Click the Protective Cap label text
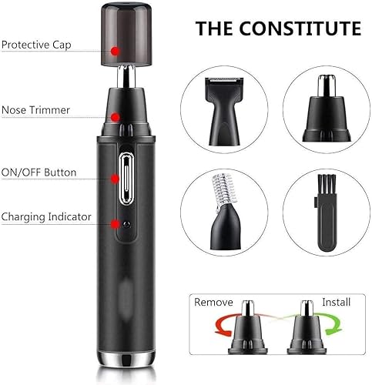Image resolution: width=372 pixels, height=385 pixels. [36, 45]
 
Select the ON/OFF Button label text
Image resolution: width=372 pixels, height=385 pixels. [39, 172]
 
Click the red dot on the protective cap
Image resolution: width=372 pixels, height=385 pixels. [115, 51]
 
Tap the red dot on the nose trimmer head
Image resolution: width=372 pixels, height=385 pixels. [116, 117]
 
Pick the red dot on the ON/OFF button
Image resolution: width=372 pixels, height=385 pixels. [116, 178]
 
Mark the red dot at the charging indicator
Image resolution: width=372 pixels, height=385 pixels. [116, 224]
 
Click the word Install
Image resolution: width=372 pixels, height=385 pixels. [340, 303]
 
